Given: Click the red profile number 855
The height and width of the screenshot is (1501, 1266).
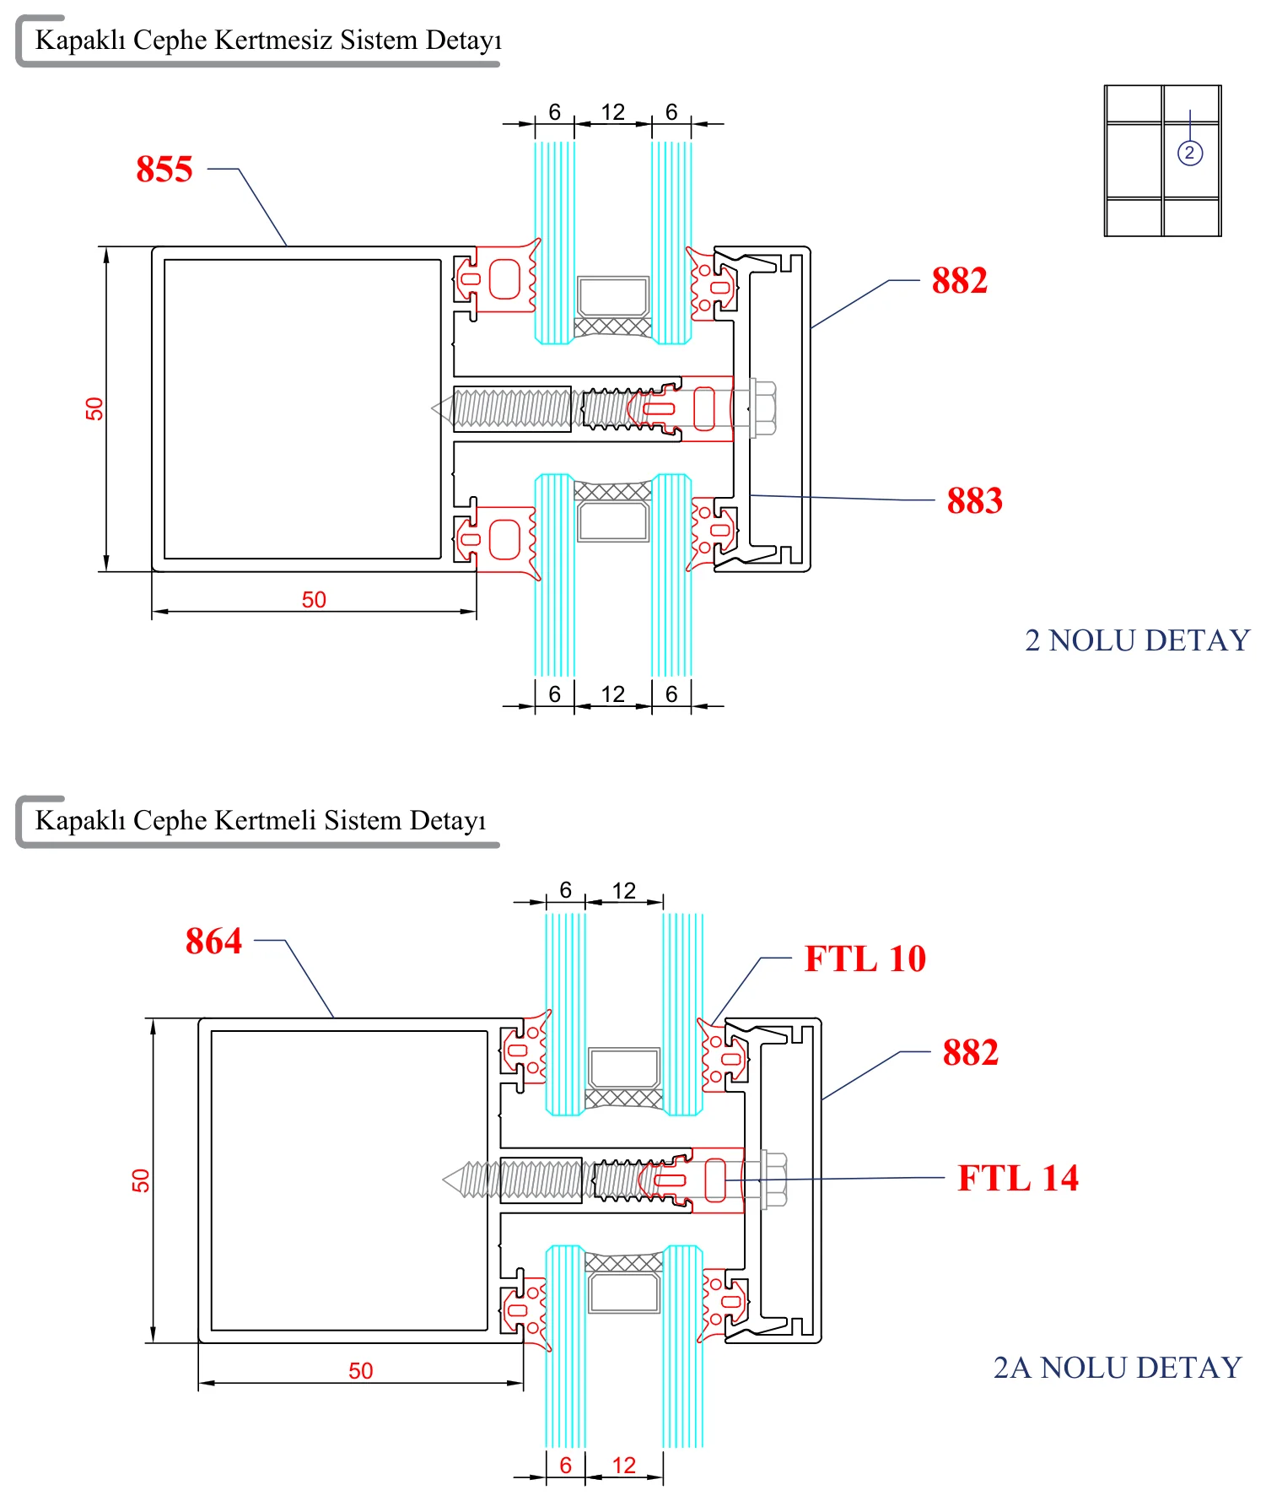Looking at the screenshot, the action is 164,169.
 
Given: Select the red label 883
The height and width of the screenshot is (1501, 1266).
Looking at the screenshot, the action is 975,500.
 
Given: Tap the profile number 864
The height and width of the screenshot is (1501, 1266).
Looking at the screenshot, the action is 213,941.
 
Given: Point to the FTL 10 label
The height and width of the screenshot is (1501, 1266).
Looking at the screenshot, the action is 865,958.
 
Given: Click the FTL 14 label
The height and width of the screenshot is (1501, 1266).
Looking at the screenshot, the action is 1018,1178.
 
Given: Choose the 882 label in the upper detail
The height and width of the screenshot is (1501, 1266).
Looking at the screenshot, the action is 960,280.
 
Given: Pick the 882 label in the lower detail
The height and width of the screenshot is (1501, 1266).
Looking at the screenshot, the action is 971,1052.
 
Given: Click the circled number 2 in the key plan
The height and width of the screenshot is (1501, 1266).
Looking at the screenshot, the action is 1189,153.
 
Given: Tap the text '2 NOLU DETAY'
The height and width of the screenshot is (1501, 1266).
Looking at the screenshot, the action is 1137,640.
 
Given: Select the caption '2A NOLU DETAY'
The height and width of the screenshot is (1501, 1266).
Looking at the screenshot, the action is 1118,1367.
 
